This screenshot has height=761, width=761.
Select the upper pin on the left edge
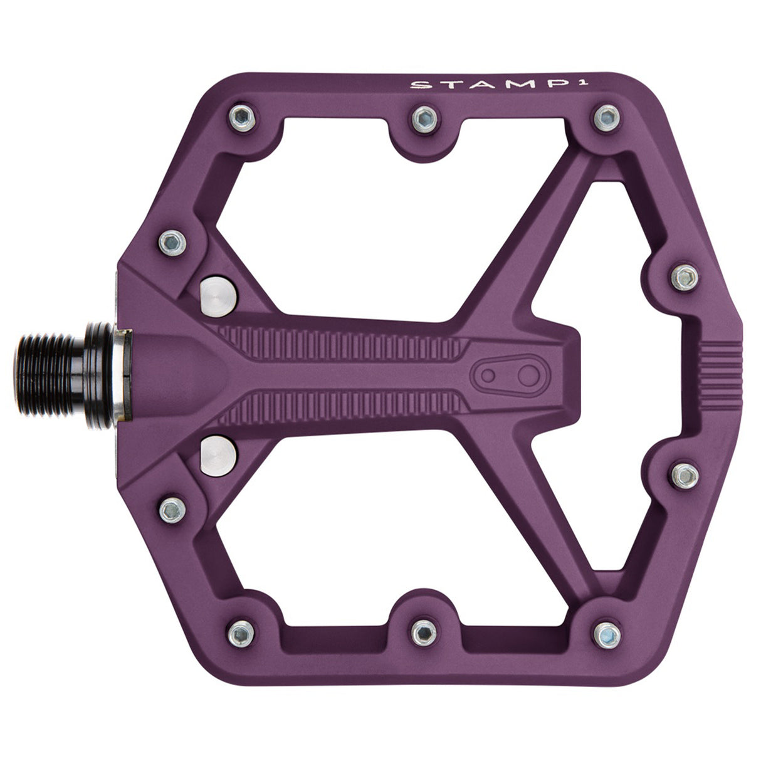[172, 241]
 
